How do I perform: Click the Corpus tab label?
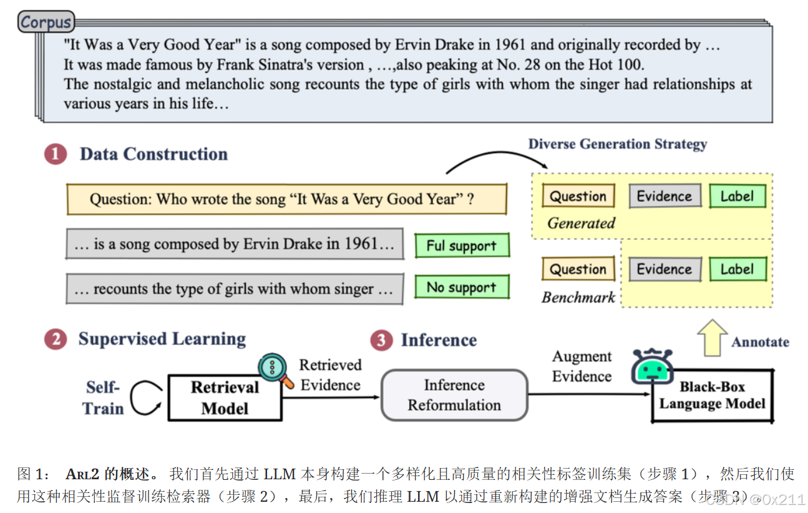click(46, 22)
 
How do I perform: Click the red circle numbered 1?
click(56, 154)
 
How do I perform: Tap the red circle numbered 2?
click(56, 339)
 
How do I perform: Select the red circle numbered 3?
click(381, 341)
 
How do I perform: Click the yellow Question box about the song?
click(286, 199)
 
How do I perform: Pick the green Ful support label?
click(462, 246)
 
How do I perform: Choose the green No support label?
click(462, 287)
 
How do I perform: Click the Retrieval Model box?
click(225, 398)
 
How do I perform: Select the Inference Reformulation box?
click(454, 395)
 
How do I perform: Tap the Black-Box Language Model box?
click(712, 396)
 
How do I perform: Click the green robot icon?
click(651, 367)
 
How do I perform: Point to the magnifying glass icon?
click(275, 369)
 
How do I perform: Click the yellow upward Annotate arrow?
click(712, 338)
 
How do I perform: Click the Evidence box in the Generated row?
click(664, 196)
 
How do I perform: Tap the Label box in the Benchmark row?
click(737, 269)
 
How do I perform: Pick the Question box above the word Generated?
click(578, 196)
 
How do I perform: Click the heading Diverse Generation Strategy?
click(617, 144)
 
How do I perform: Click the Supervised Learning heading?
click(162, 339)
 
